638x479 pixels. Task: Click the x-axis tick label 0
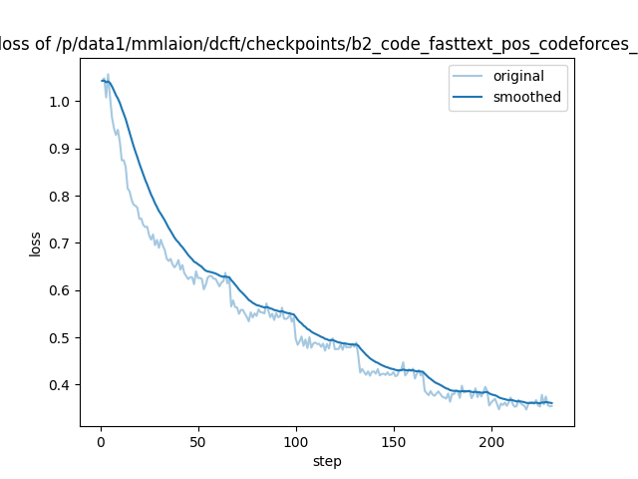click(101, 441)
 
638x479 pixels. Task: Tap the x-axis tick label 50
click(198, 441)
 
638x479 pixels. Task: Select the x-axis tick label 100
click(296, 441)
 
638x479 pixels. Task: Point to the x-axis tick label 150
click(394, 441)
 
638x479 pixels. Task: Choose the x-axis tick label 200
click(491, 441)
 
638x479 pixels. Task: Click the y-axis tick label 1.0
click(59, 102)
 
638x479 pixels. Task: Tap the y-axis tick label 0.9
click(59, 149)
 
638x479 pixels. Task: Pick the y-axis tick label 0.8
click(59, 197)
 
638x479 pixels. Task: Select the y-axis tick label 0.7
click(59, 243)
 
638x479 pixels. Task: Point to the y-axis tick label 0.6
click(59, 290)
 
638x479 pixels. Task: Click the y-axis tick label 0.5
click(59, 338)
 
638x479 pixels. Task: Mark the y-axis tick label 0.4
click(59, 385)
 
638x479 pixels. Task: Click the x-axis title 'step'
click(327, 461)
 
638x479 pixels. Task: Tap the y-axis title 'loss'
click(35, 243)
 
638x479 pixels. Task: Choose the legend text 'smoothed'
click(527, 97)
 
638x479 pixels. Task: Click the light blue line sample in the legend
click(471, 77)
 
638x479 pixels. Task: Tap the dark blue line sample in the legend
click(471, 97)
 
